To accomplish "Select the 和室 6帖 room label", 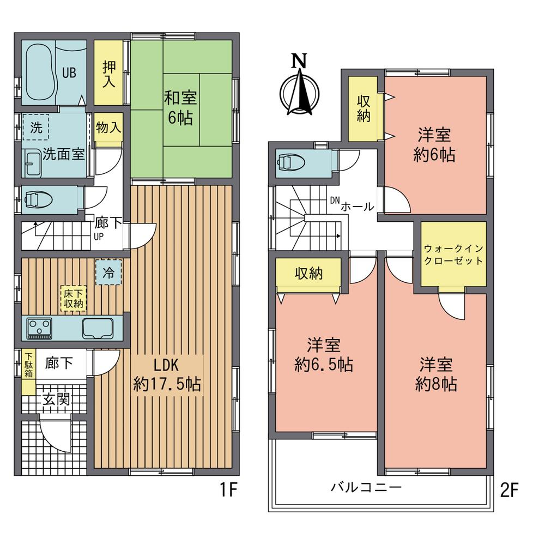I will point(179,108).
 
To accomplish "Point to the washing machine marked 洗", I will point(35,129).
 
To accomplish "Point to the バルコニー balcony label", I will point(366,487).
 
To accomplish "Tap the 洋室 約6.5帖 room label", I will point(324,355).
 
